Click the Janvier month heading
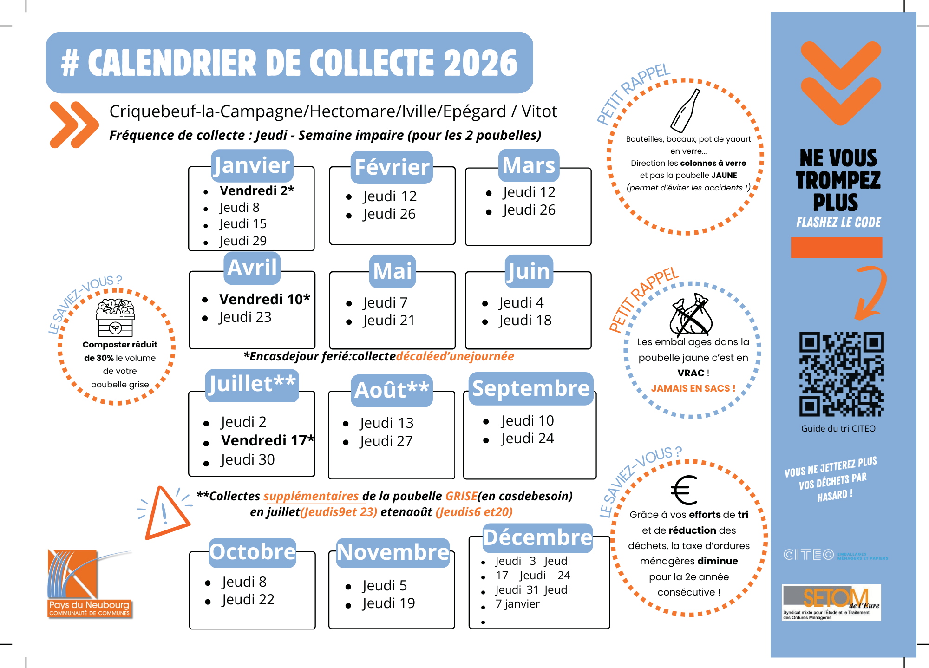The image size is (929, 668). [x=252, y=166]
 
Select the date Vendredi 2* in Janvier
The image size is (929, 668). [x=256, y=190]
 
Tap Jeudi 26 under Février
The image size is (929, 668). [x=389, y=214]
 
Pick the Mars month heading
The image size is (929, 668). [x=529, y=165]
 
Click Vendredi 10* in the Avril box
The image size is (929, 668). [x=264, y=299]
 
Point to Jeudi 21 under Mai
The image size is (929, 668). [x=388, y=321]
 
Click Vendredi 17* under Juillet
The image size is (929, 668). [x=268, y=440]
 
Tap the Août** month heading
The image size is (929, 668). [x=392, y=390]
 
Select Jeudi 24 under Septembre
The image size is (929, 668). [x=527, y=439]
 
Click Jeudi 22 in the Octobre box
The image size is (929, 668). [x=248, y=600]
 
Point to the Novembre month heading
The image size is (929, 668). [x=393, y=553]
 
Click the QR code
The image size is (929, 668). [x=841, y=374]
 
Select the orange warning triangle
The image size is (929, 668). [x=165, y=513]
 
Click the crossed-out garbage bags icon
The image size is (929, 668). [x=691, y=314]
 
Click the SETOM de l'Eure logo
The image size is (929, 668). [x=831, y=602]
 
